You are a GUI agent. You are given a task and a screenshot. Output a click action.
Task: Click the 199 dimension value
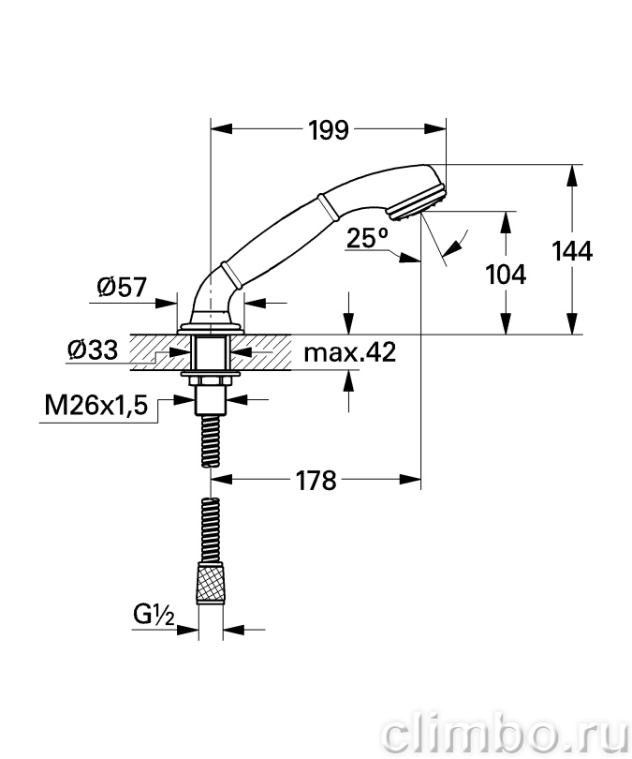point(329,129)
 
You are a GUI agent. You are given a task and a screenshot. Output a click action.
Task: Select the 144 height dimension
point(571,251)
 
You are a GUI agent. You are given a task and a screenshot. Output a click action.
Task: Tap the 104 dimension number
point(506,274)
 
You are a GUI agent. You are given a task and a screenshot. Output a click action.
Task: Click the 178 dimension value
point(316,480)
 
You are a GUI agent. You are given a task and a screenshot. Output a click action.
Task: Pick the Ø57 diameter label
point(122,287)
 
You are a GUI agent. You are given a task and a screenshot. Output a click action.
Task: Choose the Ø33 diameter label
point(93,349)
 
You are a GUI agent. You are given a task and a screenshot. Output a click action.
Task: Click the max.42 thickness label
point(349,352)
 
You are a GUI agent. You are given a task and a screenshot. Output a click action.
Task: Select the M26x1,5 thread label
point(96,405)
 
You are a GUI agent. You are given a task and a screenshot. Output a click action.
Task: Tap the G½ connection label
point(154,616)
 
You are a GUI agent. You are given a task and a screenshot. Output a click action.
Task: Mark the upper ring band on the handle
point(329,207)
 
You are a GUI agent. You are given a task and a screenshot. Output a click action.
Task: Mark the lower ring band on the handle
point(230,275)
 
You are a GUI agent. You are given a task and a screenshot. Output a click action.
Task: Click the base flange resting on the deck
point(211,328)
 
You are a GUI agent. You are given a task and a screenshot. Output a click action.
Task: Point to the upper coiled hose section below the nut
point(211,440)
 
